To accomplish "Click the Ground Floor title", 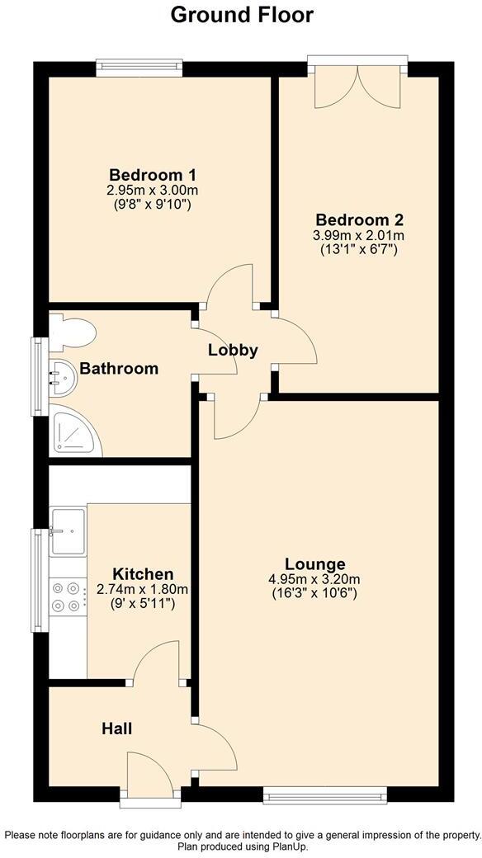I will coord(241,14).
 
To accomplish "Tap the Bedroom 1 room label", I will coord(152,175).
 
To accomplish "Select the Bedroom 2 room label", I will coord(359,220).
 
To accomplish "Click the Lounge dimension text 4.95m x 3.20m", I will coord(314,578).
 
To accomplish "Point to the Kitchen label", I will coord(143,574).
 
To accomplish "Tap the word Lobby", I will coord(233,350).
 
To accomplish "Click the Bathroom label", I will coord(119,369).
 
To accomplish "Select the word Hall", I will coord(116,728).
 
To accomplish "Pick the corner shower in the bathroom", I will coord(75,430).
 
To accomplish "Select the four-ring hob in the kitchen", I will coord(67,596).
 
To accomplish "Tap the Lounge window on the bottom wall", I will coord(324,795).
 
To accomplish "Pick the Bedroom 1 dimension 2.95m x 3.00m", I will coord(152,190).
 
